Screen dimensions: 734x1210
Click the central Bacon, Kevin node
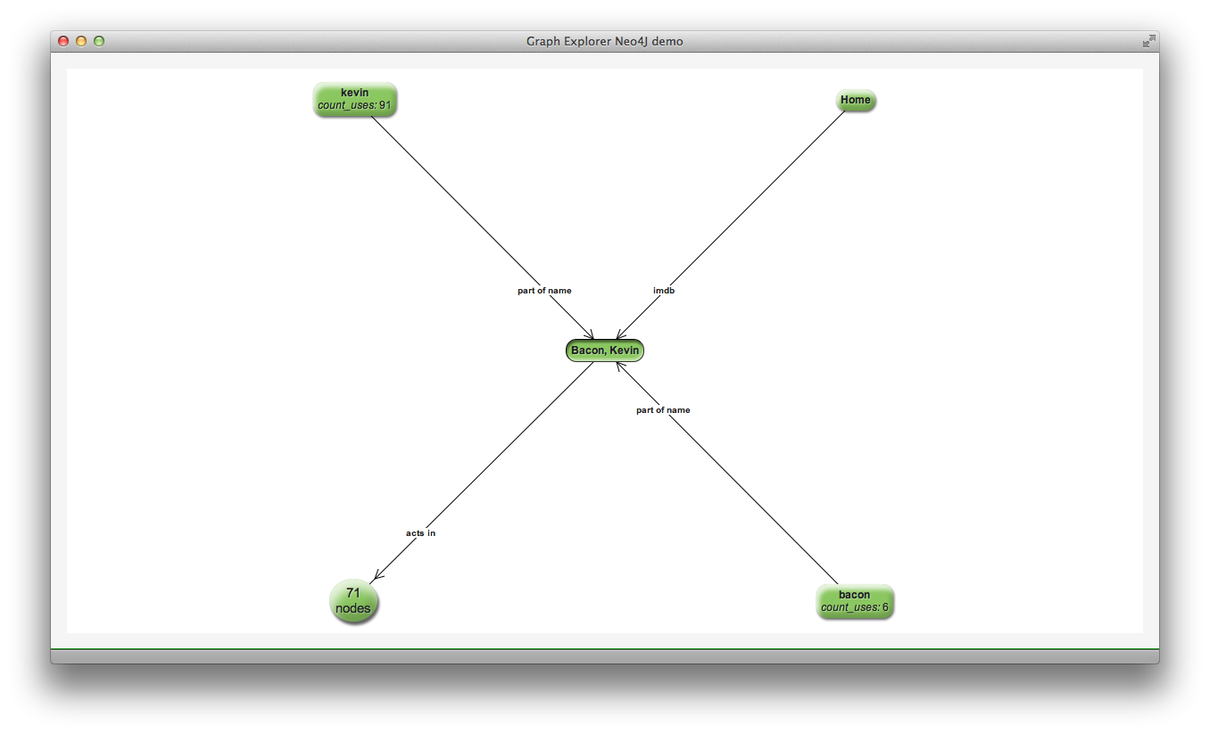click(x=604, y=351)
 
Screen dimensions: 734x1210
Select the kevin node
click(x=354, y=99)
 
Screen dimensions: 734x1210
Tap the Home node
click(x=855, y=100)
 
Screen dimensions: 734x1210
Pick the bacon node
click(x=854, y=601)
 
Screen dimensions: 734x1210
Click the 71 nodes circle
click(x=353, y=601)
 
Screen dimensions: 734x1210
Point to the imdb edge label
click(x=663, y=291)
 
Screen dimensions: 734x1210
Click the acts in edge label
click(x=420, y=533)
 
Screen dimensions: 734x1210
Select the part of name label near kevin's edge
click(x=544, y=291)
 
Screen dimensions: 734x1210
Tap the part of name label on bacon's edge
click(x=663, y=410)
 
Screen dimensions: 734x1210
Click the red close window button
click(x=63, y=41)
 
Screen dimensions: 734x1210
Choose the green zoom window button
click(x=99, y=41)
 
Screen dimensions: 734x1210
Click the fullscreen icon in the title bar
click(x=1148, y=41)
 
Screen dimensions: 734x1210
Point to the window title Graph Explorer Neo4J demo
click(x=605, y=41)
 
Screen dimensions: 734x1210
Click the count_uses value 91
click(x=385, y=105)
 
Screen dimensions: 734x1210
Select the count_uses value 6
click(x=885, y=607)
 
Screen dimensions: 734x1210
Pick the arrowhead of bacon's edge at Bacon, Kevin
click(x=619, y=365)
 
